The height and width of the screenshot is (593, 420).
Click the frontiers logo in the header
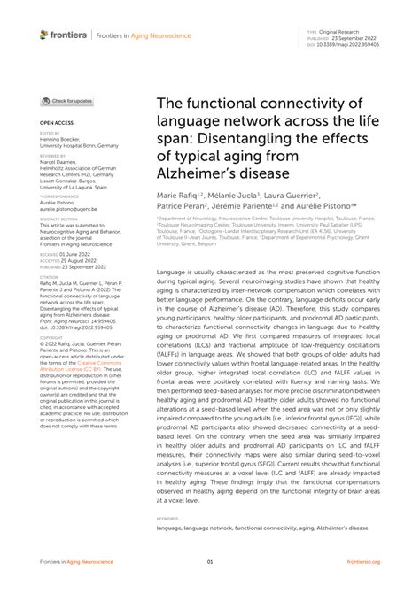click(x=64, y=35)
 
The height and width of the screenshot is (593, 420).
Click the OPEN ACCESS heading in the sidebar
click(x=56, y=121)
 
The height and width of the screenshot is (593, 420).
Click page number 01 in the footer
click(x=210, y=561)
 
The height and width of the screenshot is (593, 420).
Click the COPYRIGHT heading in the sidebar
click(x=52, y=337)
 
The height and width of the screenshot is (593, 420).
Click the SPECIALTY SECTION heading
click(x=59, y=218)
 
